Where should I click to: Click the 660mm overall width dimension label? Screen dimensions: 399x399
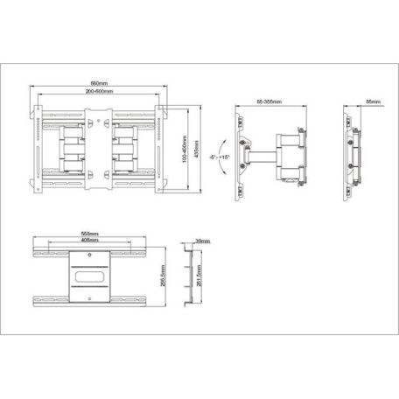pos(99,84)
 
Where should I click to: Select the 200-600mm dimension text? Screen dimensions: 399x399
pos(99,92)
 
